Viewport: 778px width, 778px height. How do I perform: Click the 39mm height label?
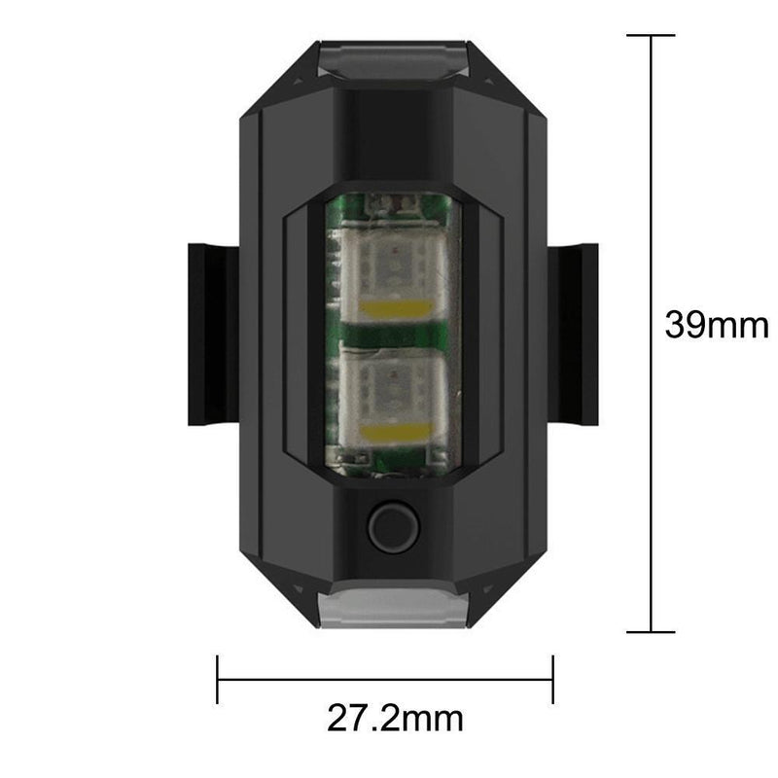point(716,324)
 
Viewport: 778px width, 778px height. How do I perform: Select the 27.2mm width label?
point(394,719)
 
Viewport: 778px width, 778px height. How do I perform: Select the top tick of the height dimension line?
point(650,36)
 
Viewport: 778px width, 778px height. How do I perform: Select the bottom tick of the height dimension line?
point(650,632)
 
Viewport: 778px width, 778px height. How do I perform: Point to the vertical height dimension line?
point(650,194)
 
